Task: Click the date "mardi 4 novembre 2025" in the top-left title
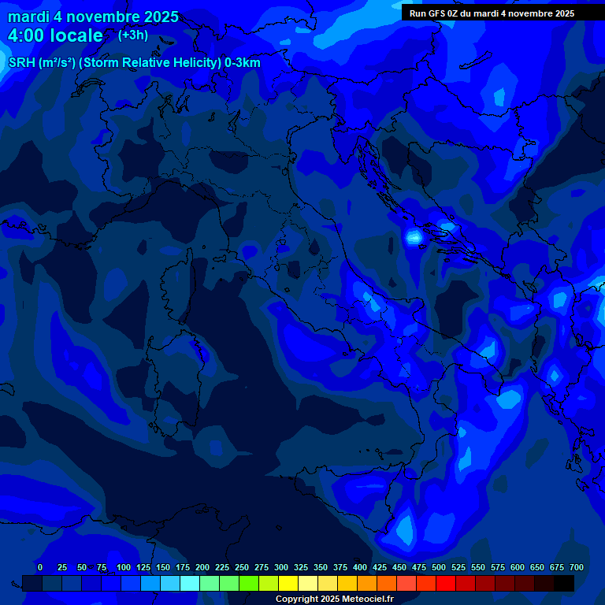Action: (x=93, y=17)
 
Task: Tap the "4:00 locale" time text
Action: (x=55, y=35)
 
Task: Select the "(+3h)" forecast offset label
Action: (x=132, y=35)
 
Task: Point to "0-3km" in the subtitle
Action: (x=242, y=63)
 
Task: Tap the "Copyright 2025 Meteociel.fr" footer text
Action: (x=334, y=599)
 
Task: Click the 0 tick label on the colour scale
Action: (x=40, y=567)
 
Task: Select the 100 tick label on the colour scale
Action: (x=124, y=567)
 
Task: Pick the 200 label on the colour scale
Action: (x=202, y=567)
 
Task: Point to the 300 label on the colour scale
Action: (x=281, y=567)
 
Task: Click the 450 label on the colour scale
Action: (x=399, y=567)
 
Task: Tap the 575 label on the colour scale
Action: (x=498, y=567)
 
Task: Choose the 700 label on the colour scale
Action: (x=577, y=567)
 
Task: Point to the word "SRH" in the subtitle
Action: (x=21, y=63)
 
